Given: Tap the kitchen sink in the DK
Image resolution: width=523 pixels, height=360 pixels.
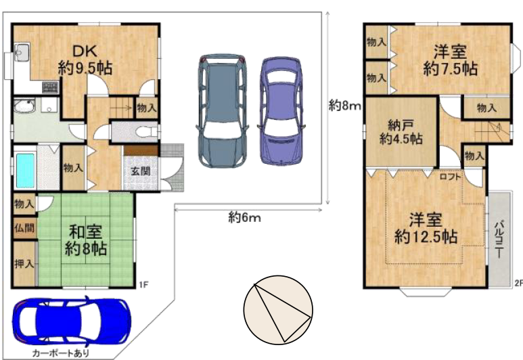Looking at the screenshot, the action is coord(22,51).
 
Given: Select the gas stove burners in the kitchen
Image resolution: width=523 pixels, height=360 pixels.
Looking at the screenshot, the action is coord(50,87).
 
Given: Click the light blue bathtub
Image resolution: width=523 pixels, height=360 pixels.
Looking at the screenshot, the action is coord(25,171).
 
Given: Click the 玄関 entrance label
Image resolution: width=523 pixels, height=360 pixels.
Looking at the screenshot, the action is coord(140,171).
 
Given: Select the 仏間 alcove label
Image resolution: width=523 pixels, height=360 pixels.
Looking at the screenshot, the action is coord(24,228).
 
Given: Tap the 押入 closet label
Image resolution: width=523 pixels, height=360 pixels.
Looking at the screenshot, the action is coord(24,264).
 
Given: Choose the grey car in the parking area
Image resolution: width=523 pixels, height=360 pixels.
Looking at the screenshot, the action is coord(223,110).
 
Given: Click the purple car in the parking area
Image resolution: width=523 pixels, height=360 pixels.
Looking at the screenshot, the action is coord(281,111).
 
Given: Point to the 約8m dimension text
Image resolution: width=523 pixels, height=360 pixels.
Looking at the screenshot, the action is coord(345,106).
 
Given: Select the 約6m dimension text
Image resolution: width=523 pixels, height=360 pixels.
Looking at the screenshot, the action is coord(244,217).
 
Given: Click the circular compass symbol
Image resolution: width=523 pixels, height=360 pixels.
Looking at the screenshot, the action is coord(278,310).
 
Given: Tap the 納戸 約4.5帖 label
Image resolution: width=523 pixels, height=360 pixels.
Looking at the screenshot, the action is coord(401,132).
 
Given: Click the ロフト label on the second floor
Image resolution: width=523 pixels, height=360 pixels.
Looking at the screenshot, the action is coord(450,177).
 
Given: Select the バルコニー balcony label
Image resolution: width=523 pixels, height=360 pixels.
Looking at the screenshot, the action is coord(499,238).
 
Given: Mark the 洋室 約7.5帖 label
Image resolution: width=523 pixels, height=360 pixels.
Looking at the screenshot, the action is coord(451,60).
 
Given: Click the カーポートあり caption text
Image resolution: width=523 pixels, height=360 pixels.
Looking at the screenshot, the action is coord(61,353).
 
